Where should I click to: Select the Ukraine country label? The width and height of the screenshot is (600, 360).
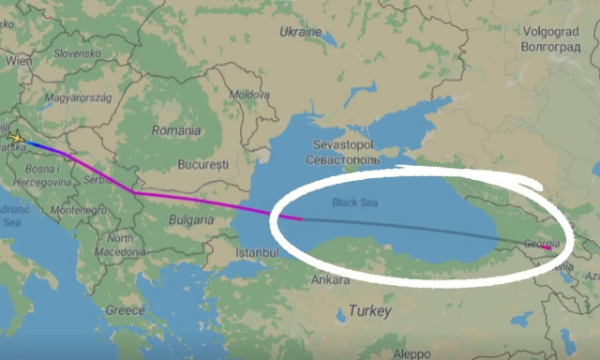tap(300, 32)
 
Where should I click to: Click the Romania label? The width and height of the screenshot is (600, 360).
tap(175, 130)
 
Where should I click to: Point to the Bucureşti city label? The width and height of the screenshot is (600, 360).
tap(203, 164)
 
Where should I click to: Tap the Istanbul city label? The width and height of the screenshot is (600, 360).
tap(258, 253)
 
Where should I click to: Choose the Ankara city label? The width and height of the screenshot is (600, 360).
tap(330, 279)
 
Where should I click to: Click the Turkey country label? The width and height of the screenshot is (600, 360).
tap(367, 309)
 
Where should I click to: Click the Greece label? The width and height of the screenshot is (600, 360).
tap(125, 309)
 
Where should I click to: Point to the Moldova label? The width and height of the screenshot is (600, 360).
tap(249, 95)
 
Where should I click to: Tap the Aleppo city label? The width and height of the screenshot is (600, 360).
tap(412, 353)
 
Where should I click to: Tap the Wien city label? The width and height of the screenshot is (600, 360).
tap(18, 59)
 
